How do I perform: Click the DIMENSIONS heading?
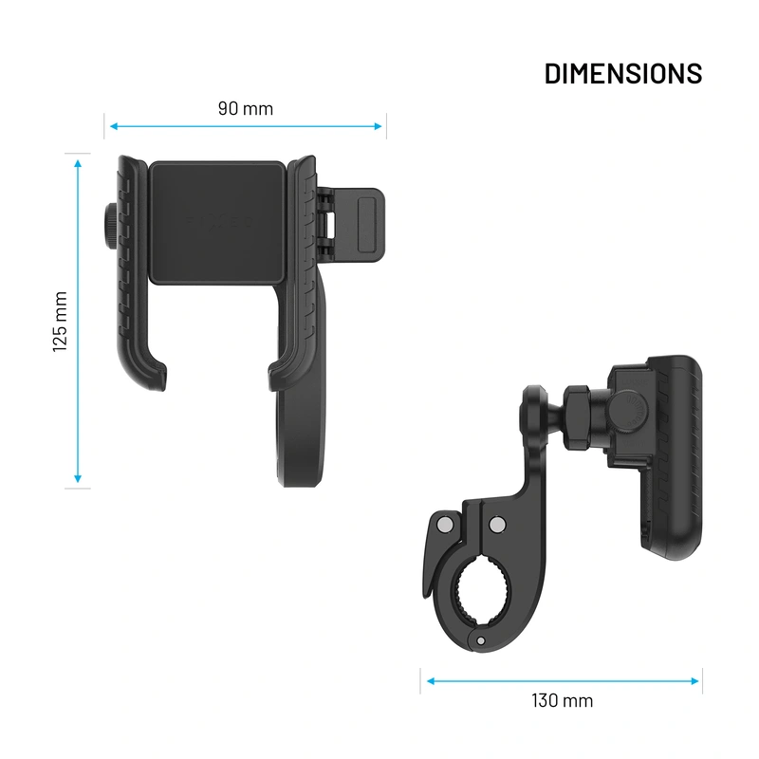point(622,73)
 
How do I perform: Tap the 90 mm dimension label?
point(245,108)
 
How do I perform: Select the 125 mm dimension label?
point(61,322)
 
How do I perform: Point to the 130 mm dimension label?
point(562,701)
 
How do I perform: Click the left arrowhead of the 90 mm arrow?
point(111,125)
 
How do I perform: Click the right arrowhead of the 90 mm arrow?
point(380,125)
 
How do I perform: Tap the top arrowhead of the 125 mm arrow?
point(79,161)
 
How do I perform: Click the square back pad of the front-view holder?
point(217,222)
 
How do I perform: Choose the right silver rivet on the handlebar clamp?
point(496,524)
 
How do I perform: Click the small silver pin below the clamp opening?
point(481,641)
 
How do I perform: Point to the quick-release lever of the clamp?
point(423,560)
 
